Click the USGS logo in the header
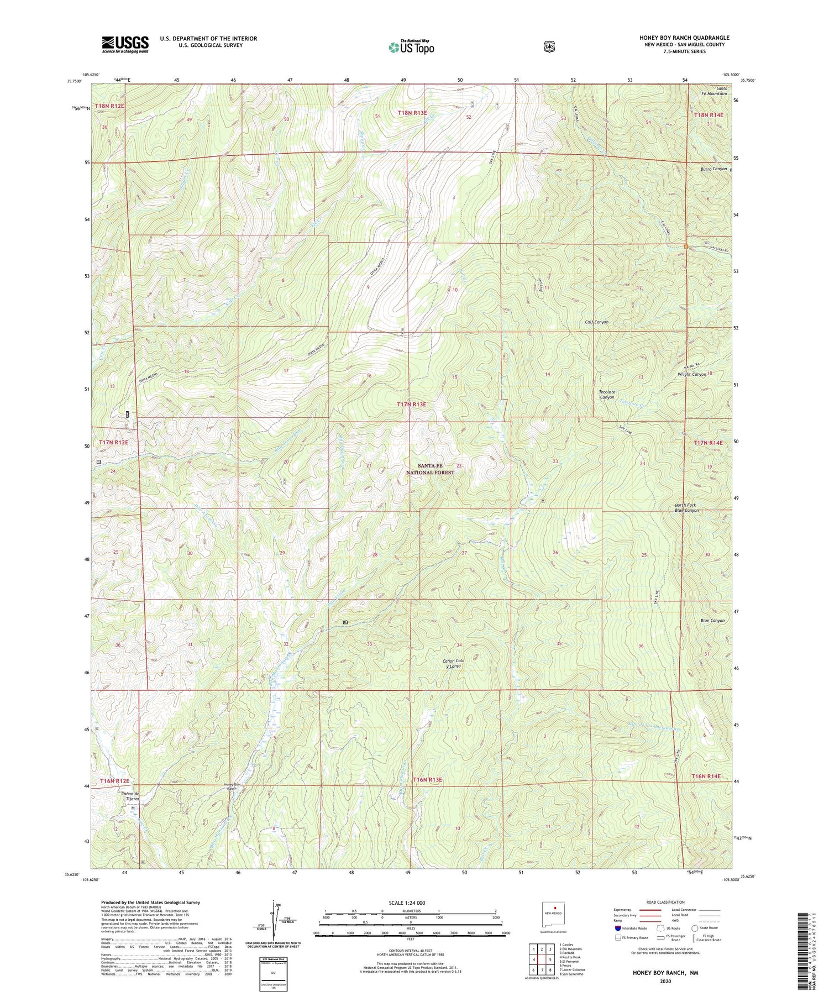coord(125,44)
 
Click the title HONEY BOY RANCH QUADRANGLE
coord(684,38)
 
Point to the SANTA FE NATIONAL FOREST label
coord(430,469)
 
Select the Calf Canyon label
coord(596,322)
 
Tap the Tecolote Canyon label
coord(606,395)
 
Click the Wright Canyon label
coord(691,374)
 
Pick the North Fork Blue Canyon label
coord(686,507)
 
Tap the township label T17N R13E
coord(412,405)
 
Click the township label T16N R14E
coord(706,776)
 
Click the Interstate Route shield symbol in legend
coord(618,928)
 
